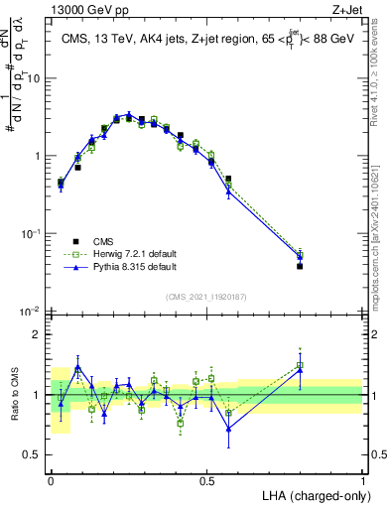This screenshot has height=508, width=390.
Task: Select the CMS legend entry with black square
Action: (102, 241)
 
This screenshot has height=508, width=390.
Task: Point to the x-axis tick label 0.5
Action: (207, 480)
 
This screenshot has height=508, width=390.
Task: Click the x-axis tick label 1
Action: (364, 480)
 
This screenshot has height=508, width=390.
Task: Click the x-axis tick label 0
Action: (51, 480)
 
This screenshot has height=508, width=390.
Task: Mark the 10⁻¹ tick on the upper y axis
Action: (34, 233)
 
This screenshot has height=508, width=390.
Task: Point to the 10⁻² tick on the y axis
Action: (34, 312)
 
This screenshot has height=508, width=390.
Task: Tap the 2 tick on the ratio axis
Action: (41, 335)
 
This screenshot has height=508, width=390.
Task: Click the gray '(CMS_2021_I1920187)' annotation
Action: (207, 296)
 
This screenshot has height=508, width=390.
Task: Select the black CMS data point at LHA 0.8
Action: (301, 266)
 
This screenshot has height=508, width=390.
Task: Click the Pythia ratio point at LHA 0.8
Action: (301, 370)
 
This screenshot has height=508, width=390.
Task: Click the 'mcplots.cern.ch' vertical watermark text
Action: (380, 228)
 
